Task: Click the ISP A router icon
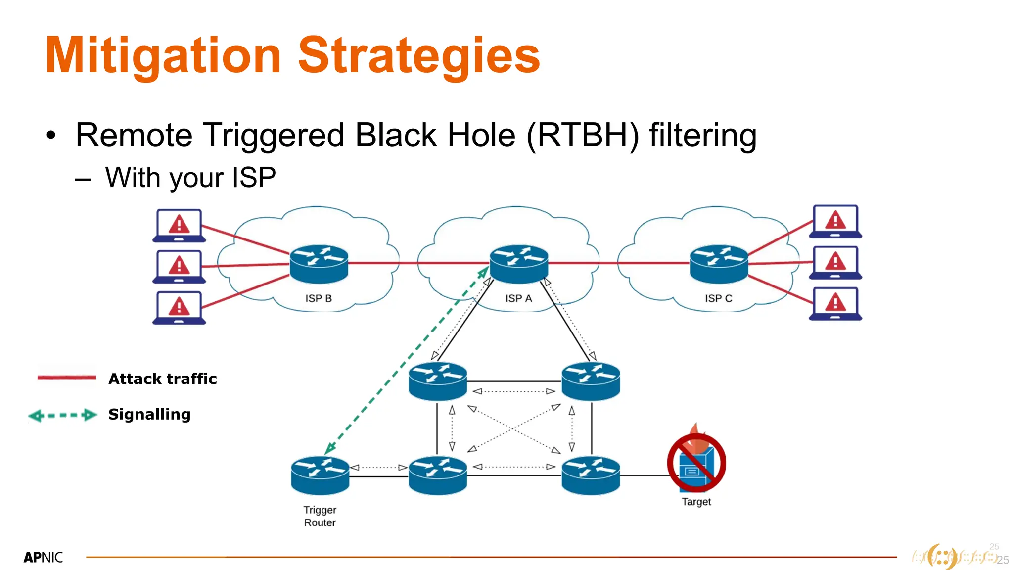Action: tap(519, 263)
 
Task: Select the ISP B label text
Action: tap(318, 298)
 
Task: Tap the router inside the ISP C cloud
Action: tap(719, 263)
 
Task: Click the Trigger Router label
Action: tap(320, 516)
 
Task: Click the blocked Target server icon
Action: tap(696, 464)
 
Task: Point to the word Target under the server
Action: tap(696, 502)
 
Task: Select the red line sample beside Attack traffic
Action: tap(67, 378)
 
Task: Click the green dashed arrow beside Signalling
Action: tap(63, 415)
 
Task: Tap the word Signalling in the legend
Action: tap(149, 414)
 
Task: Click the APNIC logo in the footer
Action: tap(43, 558)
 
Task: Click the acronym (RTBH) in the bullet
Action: tap(583, 135)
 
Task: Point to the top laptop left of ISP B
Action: tap(179, 225)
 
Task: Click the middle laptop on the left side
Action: tap(179, 266)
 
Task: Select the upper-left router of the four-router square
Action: tap(438, 380)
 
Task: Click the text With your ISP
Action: tap(190, 177)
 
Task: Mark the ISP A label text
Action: tap(518, 298)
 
